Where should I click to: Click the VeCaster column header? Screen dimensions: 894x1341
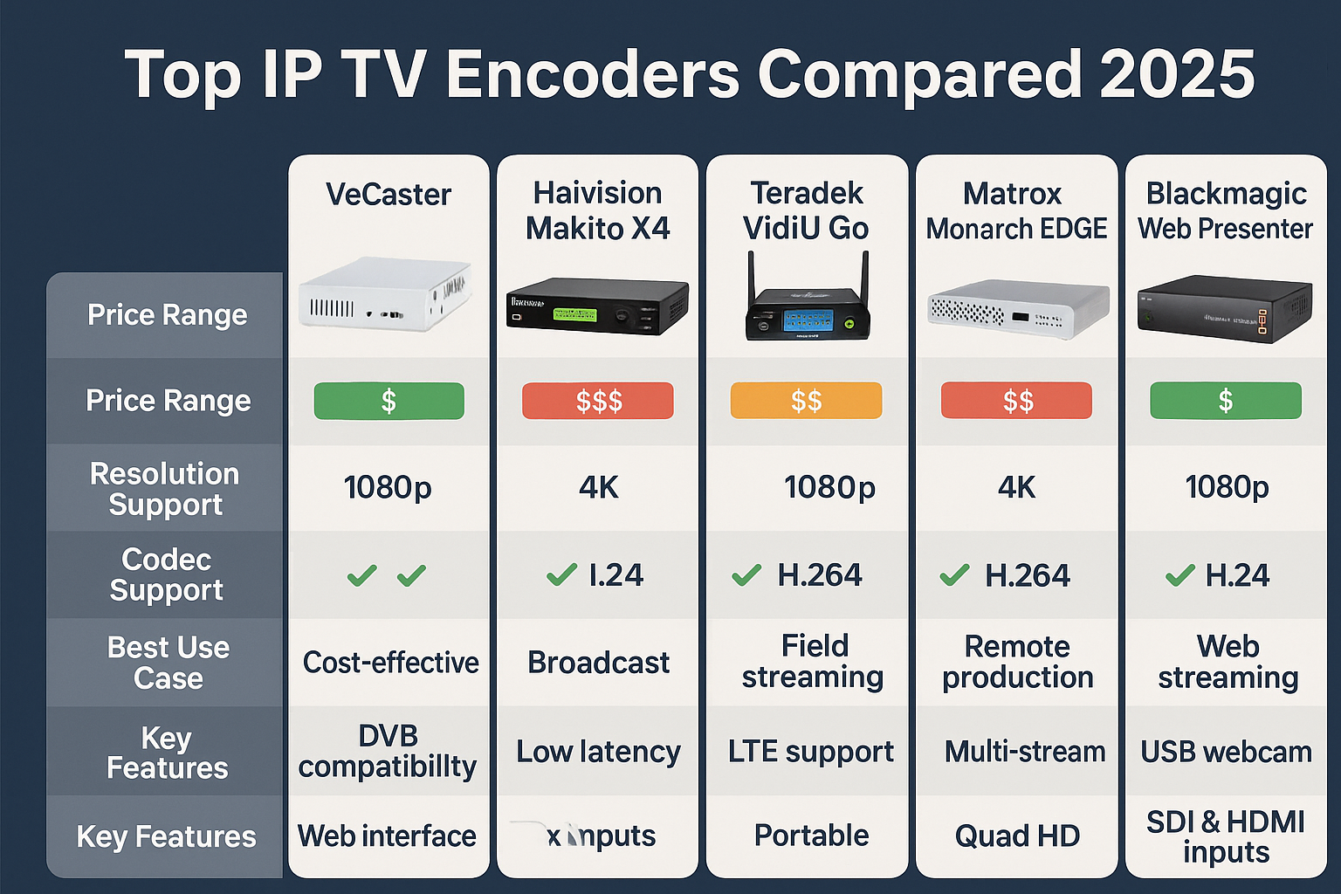[x=389, y=194]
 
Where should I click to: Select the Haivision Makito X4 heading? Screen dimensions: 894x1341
[x=598, y=210]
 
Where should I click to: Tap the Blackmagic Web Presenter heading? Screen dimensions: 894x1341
[x=1226, y=210]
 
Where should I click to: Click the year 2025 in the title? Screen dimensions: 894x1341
[x=1178, y=74]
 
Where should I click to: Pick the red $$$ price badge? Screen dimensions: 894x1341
[x=598, y=402]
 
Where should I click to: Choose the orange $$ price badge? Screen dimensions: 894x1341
[x=806, y=402]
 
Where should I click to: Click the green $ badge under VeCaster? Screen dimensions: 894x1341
[x=389, y=402]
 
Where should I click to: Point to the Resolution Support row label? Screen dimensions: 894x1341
[x=165, y=489]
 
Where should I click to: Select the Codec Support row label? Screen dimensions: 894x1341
[x=166, y=574]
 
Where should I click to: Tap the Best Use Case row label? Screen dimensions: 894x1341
[x=168, y=663]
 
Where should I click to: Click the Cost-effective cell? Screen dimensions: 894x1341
[x=390, y=663]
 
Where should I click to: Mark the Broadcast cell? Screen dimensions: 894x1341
[x=598, y=663]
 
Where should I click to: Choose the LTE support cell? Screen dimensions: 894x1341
[x=810, y=752]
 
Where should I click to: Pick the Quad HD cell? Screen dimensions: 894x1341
[x=1017, y=836]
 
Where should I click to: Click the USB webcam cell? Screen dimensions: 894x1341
[x=1226, y=752]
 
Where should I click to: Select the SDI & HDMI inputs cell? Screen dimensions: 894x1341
[x=1226, y=836]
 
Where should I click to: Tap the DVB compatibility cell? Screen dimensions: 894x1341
[x=388, y=751]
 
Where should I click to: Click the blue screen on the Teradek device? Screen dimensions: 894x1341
[x=808, y=320]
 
